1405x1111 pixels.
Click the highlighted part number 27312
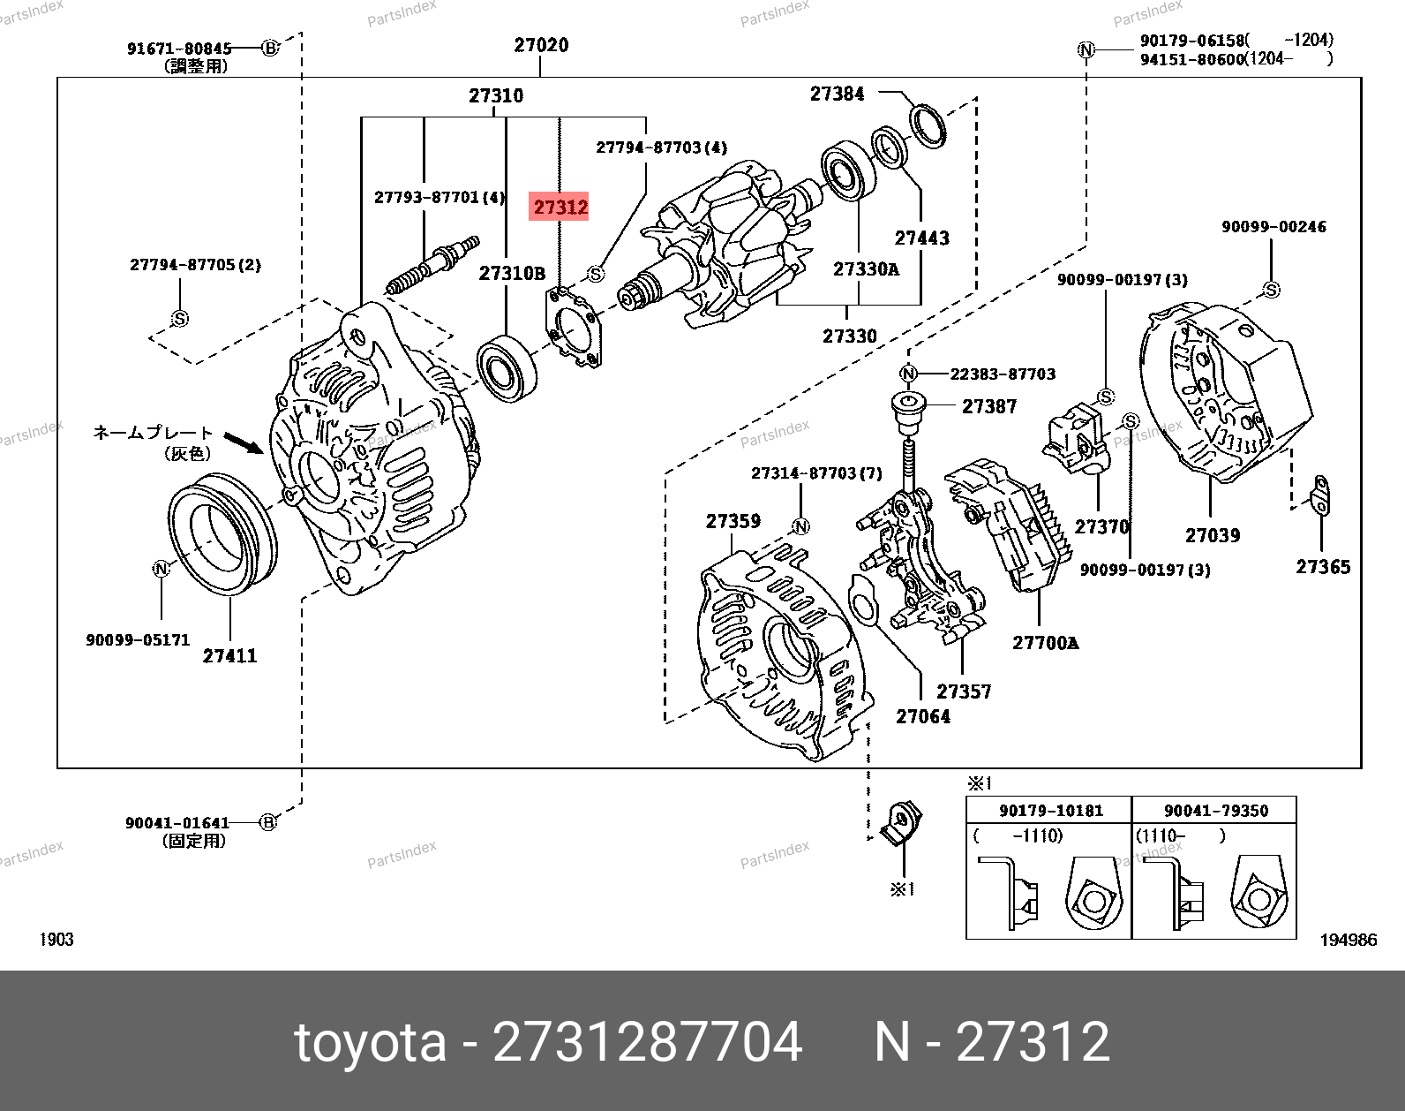pos(560,208)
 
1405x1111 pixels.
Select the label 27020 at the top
pos(541,45)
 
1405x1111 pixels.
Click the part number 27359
pos(733,522)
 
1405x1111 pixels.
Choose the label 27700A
pos(1045,643)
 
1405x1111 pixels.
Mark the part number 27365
pos(1322,567)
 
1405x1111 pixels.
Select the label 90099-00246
pos(1273,227)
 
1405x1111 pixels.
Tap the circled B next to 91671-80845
pos(270,48)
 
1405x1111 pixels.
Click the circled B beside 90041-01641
pos(267,822)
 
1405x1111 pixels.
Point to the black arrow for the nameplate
pos(244,442)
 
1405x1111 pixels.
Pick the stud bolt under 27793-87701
pos(432,266)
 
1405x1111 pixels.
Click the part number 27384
pos(837,94)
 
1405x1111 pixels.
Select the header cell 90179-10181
pos(1050,811)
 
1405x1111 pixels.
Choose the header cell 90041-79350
pos(1215,811)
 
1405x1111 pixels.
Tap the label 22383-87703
pos(1003,374)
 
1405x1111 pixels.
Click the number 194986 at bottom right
pos(1348,940)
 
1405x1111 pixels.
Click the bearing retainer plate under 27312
pos(575,328)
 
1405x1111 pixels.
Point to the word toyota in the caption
pos(371,1042)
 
